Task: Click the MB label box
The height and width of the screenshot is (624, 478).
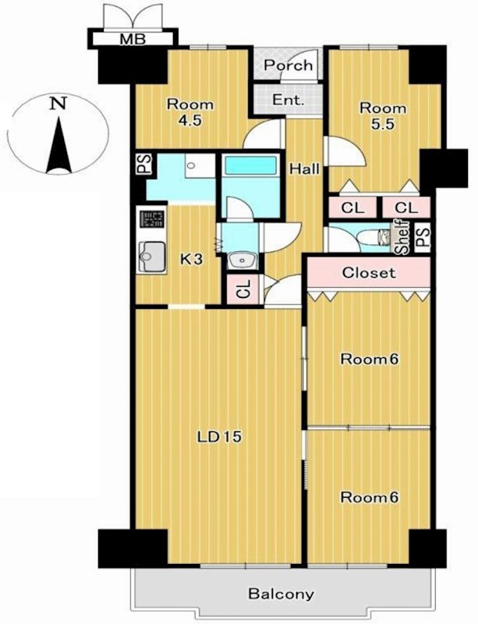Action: tap(130, 38)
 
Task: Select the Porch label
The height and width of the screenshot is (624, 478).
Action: tap(288, 66)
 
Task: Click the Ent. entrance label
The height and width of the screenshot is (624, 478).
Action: tap(288, 100)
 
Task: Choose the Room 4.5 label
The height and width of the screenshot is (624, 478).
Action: tap(189, 112)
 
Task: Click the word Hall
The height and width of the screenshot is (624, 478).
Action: tap(303, 168)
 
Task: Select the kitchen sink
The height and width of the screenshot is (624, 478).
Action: tap(150, 253)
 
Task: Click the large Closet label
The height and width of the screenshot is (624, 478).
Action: tap(369, 273)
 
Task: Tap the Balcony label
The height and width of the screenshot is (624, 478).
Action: tap(281, 594)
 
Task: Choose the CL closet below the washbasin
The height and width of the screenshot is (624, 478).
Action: tap(242, 289)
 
